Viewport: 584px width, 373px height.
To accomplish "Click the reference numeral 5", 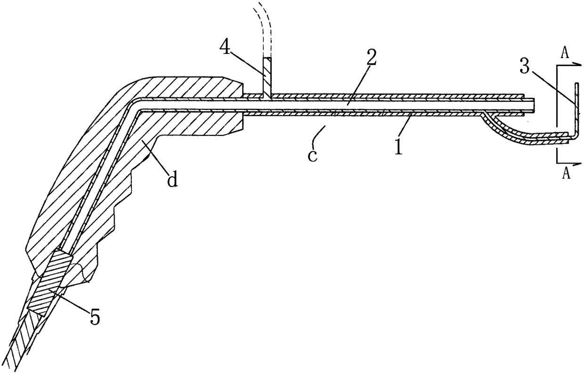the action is [95, 317].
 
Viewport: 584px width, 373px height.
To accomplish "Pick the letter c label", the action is [312, 155].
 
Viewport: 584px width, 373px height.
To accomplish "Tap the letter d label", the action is [173, 180].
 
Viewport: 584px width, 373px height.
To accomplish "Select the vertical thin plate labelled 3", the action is [575, 108].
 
